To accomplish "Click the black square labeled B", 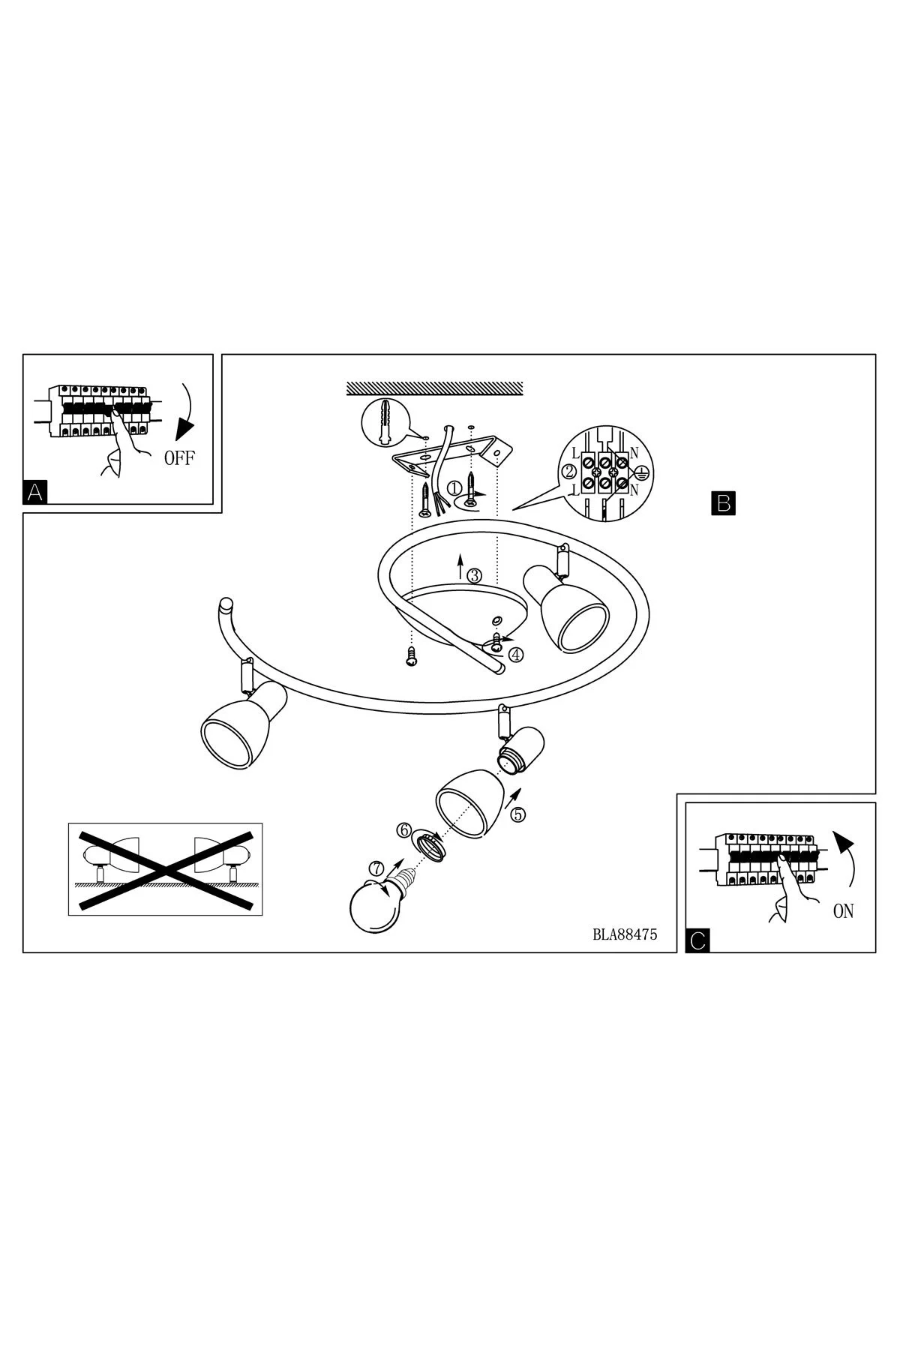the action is point(723,502).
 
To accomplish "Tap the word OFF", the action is point(179,458).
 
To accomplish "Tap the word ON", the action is point(843,911).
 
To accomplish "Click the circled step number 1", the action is point(454,487).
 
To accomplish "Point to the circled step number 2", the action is point(568,472).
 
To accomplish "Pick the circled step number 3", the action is point(474,576).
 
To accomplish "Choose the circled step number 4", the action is point(515,654).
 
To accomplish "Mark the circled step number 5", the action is point(519,814).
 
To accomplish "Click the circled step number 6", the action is point(404,830).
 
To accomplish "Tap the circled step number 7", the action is point(376,868).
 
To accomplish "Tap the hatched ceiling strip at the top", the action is point(434,388).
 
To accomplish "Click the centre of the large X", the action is point(166,869).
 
